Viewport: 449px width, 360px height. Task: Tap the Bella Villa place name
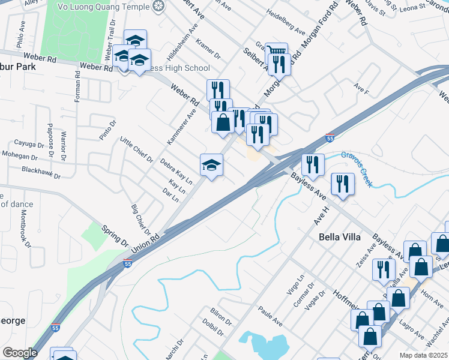coord(339,237)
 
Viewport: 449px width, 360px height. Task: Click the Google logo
coord(19,352)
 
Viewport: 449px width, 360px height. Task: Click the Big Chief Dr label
coord(140,220)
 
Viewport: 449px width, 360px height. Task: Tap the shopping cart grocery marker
coord(276,53)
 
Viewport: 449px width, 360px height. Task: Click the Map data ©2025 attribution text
coord(423,355)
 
